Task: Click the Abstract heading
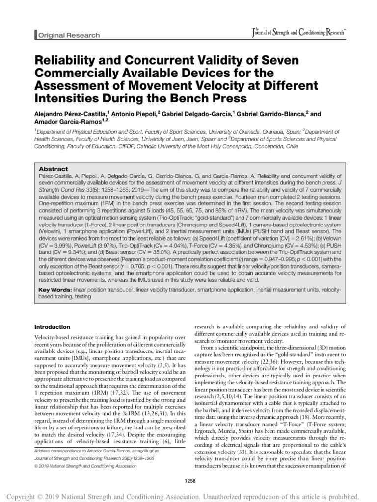point(53,168)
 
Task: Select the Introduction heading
point(53,327)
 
